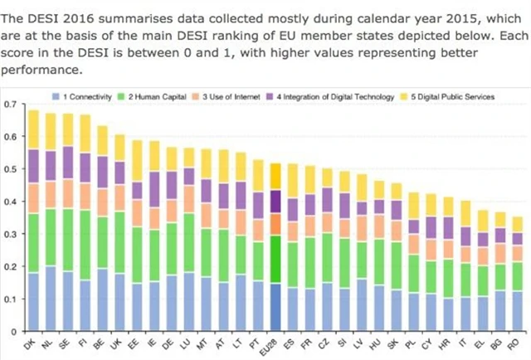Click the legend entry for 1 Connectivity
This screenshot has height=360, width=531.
coord(83,97)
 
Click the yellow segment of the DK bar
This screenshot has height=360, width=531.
coord(34,129)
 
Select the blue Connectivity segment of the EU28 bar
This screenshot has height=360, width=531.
coord(275,308)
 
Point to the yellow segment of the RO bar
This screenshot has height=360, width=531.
coord(518,224)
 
